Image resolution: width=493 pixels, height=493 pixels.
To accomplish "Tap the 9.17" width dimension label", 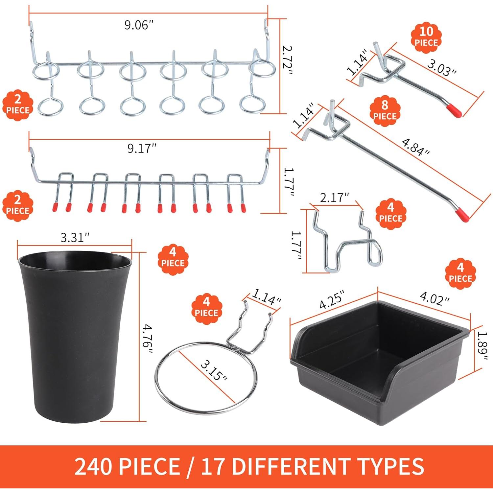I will click(x=142, y=149).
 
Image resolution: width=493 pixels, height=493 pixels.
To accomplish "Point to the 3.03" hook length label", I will click(x=442, y=68).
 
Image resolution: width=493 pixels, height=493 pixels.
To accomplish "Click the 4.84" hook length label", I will click(x=415, y=147).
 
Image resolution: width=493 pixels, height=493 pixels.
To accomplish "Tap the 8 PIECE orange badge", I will click(x=385, y=111).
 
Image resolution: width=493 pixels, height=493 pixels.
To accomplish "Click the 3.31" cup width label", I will click(x=75, y=237).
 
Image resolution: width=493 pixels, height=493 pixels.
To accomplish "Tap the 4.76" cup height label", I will click(x=148, y=339).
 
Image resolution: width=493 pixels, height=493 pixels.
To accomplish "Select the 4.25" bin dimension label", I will click(x=332, y=299).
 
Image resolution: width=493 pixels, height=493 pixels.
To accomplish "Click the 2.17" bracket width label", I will click(x=334, y=198).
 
